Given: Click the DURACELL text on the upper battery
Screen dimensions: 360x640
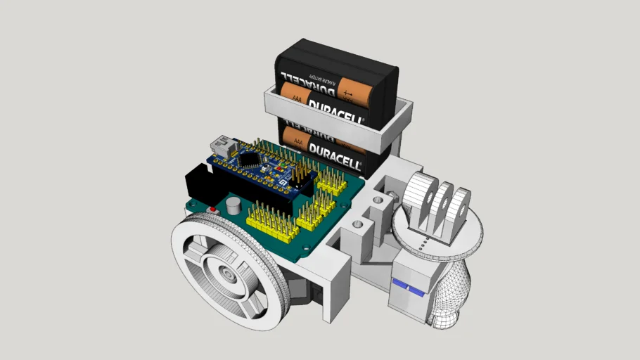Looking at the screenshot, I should tap(335, 110).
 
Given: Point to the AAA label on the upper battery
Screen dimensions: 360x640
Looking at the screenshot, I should tap(297, 101).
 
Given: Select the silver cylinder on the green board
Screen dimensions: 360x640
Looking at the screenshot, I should tap(233, 206).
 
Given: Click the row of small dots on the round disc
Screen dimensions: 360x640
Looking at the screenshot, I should tap(419, 245).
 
